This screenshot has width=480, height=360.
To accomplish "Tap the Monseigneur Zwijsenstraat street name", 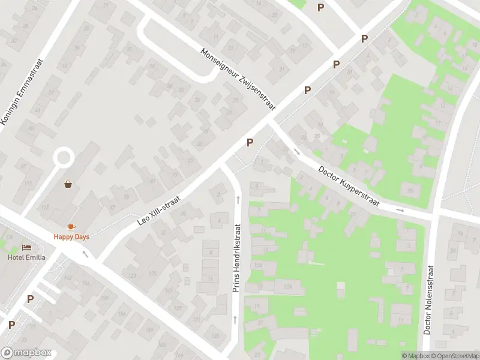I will click(x=238, y=79).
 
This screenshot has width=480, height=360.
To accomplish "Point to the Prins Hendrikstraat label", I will click(x=237, y=259).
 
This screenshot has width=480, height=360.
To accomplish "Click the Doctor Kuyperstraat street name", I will click(x=349, y=186).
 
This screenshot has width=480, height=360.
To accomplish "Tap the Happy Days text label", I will click(x=71, y=236).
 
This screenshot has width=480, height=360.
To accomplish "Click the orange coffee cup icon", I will click(x=71, y=227).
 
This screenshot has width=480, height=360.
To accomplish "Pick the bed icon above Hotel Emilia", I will click(x=26, y=247).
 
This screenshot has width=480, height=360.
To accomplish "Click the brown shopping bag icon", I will click(x=68, y=184).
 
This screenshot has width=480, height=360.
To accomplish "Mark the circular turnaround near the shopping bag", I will click(x=63, y=159).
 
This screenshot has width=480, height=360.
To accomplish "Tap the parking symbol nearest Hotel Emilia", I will click(x=30, y=299).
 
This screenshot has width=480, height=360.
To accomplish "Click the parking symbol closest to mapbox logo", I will click(x=11, y=325).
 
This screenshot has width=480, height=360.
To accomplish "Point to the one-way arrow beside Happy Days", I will click(x=85, y=253).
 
